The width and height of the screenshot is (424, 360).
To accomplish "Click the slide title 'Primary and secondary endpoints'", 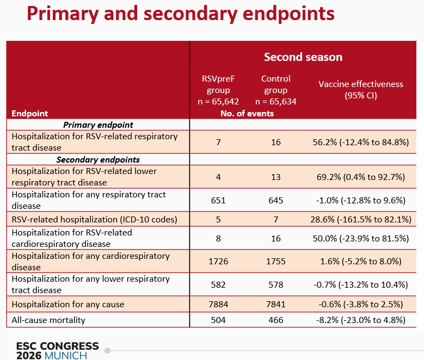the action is pos(180,14).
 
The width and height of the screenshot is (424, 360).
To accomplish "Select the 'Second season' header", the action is pos(303,57).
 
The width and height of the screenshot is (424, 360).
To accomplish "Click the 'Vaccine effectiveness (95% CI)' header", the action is pos(361,90).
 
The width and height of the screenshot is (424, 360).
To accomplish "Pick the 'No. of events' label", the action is pos(247,114).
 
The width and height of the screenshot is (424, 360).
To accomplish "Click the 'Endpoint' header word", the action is pos(30,114).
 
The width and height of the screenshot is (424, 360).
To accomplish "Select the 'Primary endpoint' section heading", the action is pos(98,125).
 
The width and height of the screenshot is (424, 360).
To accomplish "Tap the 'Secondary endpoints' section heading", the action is pos(98,160).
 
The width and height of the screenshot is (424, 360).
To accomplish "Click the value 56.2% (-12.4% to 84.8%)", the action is pos(361,142).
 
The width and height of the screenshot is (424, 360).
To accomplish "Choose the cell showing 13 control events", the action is pos(276,177).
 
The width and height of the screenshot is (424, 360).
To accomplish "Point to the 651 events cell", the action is pos(218,200).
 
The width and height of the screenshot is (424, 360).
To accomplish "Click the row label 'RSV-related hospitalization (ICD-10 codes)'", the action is pos(94,220).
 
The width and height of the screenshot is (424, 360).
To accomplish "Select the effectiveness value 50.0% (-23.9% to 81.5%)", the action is pos(361,238).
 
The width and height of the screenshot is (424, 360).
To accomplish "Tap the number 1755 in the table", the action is pos(276,262).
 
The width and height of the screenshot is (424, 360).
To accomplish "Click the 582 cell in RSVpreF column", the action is pos(218,284).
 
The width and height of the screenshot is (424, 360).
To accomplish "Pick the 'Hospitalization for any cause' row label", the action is pos(68,305).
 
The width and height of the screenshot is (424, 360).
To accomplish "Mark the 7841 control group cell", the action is pos(276,305).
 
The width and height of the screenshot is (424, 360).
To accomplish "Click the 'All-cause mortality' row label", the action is pos(48,320).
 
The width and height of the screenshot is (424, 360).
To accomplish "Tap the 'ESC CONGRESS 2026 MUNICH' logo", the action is pos(58,351).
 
